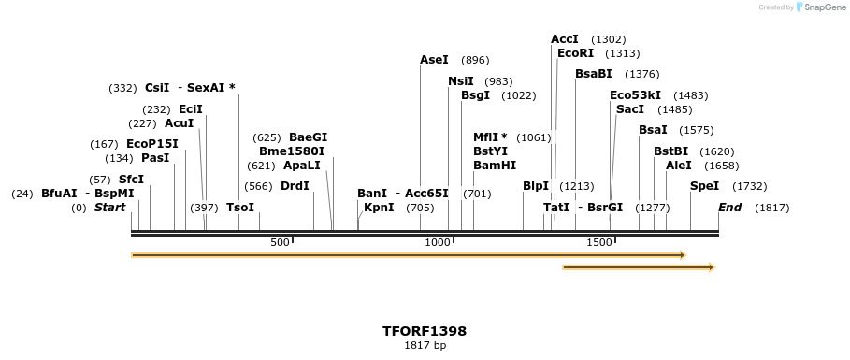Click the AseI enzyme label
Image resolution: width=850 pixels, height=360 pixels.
point(434,60)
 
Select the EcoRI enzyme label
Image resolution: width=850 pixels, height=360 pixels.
point(575,53)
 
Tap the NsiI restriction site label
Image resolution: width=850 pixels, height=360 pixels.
point(461,81)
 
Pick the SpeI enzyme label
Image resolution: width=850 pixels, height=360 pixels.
point(704,186)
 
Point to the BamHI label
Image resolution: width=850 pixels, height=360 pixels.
point(495,166)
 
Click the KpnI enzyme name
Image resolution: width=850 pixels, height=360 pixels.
point(379,208)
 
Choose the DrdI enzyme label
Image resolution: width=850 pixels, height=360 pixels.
point(295,186)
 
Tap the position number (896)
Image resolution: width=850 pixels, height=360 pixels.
point(475,60)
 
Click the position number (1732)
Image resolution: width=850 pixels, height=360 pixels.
point(749,186)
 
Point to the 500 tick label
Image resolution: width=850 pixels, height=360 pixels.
point(281,243)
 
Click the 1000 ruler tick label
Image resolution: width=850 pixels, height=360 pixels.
point(438,243)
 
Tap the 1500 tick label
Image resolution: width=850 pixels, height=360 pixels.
point(598,243)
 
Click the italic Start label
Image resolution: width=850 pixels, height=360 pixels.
point(109,208)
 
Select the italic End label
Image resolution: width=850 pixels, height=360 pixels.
point(729,208)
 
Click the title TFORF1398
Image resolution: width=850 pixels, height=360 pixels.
point(425,331)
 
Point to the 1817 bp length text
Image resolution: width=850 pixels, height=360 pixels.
point(425,346)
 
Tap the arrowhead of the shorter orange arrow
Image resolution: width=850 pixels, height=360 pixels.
point(711,267)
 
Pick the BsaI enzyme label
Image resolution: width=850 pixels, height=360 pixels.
point(654,130)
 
